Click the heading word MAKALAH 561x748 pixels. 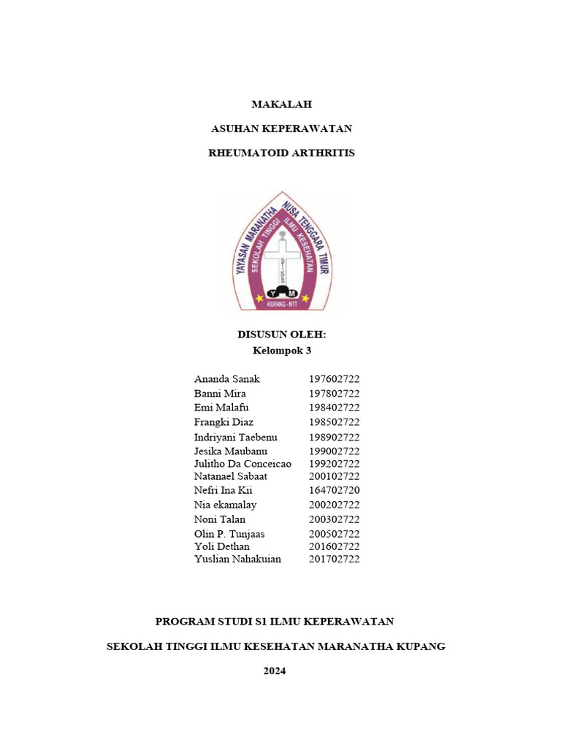pyautogui.click(x=281, y=104)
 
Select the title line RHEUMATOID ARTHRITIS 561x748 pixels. pyautogui.click(x=281, y=153)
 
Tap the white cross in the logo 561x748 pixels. pyautogui.click(x=281, y=256)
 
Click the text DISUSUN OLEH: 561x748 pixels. pyautogui.click(x=281, y=335)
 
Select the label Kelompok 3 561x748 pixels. pyautogui.click(x=281, y=351)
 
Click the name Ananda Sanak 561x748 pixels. pyautogui.click(x=226, y=379)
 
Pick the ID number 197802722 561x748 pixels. pyautogui.click(x=334, y=394)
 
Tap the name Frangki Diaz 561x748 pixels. pyautogui.click(x=224, y=422)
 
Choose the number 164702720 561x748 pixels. pyautogui.click(x=334, y=490)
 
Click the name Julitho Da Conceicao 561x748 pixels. pyautogui.click(x=243, y=464)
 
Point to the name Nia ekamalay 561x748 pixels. pyautogui.click(x=225, y=505)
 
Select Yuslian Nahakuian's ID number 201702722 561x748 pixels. pyautogui.click(x=334, y=559)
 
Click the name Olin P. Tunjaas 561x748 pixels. pyautogui.click(x=229, y=534)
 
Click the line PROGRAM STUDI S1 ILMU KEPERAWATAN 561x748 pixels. pyautogui.click(x=275, y=622)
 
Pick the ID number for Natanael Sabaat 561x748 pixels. pyautogui.click(x=334, y=476)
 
